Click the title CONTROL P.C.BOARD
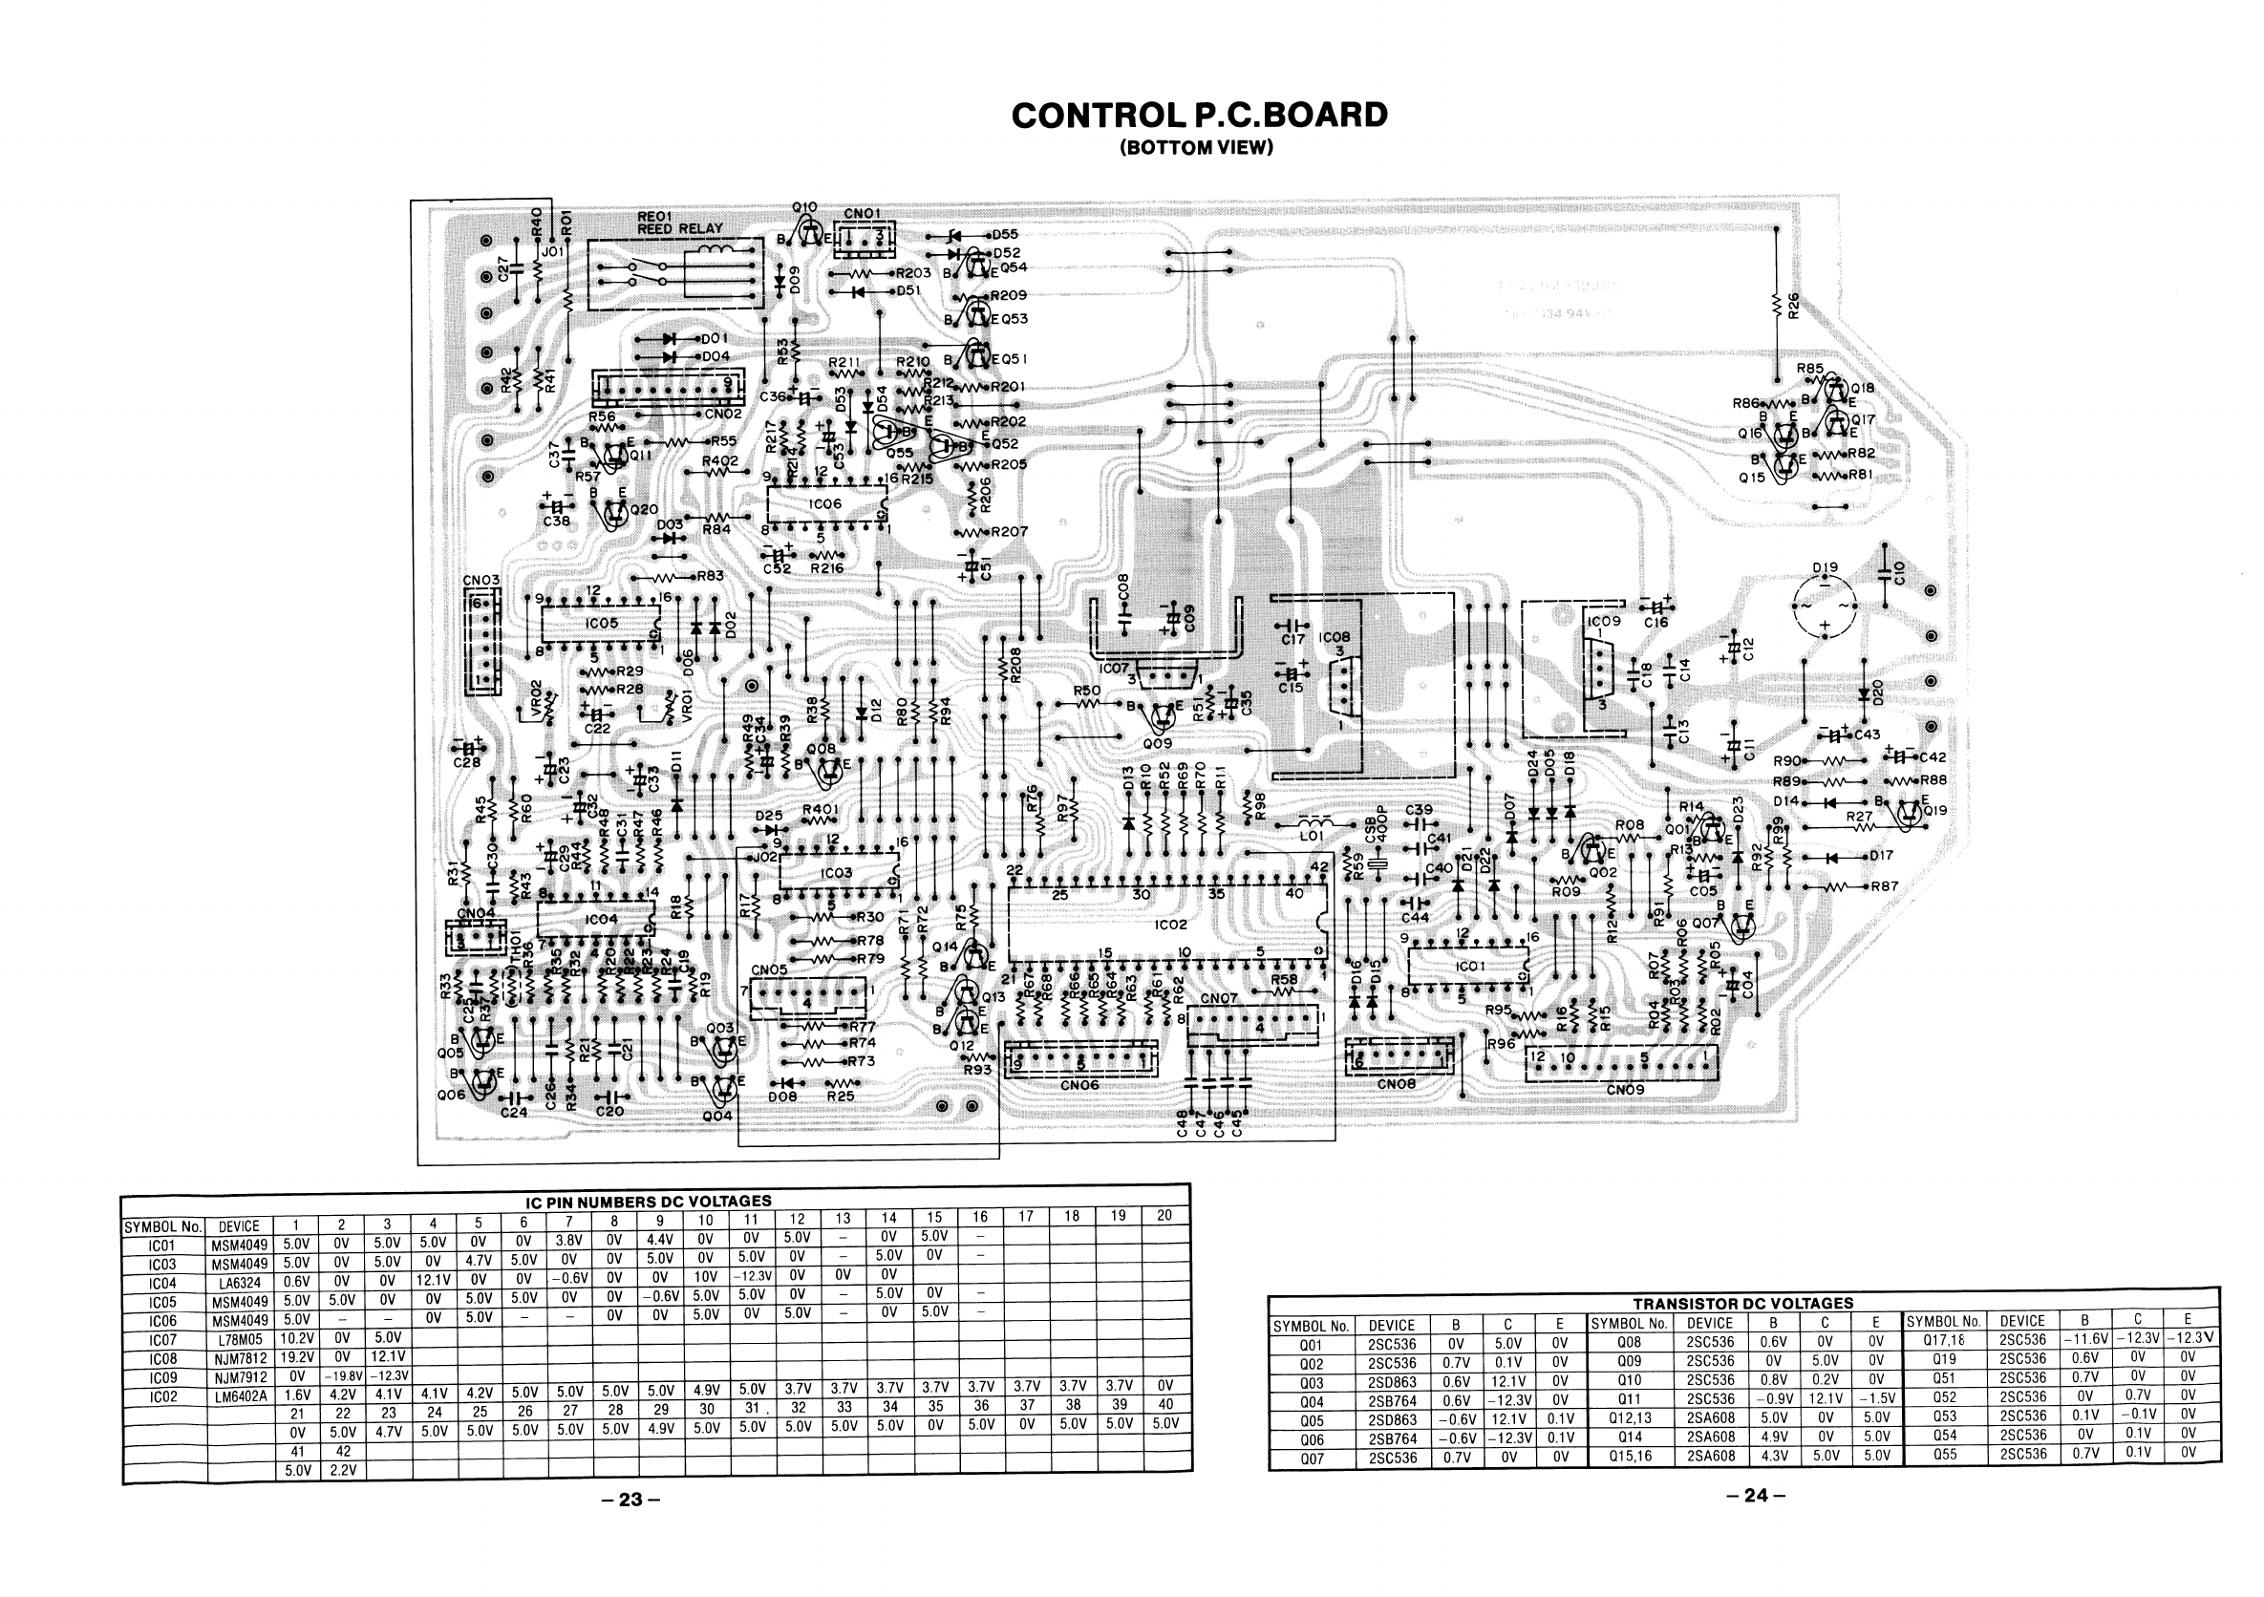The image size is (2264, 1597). pyautogui.click(x=1199, y=116)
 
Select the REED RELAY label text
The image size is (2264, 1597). pyautogui.click(x=680, y=228)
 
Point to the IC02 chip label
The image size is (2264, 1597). pyautogui.click(x=1170, y=925)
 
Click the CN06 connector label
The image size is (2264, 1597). pyautogui.click(x=1079, y=1085)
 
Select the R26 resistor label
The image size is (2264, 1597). pyautogui.click(x=1794, y=306)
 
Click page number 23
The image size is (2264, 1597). pyautogui.click(x=630, y=1500)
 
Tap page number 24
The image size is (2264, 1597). pyautogui.click(x=1756, y=1496)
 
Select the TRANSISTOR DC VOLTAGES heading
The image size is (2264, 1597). pyautogui.click(x=1742, y=1303)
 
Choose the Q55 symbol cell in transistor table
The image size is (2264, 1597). pyautogui.click(x=1944, y=1454)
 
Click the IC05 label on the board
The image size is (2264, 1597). pyautogui.click(x=602, y=624)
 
